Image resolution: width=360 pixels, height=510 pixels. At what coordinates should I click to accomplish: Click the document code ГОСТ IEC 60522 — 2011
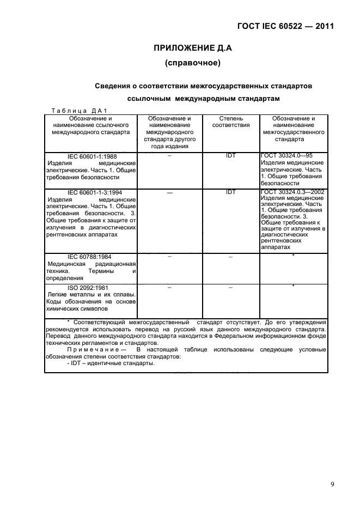coord(285,26)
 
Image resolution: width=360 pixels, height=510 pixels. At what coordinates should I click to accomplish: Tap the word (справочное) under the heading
coord(192,64)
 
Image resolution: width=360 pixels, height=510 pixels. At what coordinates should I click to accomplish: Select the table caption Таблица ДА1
coord(81,110)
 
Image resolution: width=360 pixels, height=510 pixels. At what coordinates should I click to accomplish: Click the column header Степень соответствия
coord(230,121)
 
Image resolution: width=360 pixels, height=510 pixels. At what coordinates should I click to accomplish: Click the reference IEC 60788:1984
coord(91,256)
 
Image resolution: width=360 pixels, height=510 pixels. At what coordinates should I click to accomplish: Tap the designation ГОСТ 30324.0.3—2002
coord(292,192)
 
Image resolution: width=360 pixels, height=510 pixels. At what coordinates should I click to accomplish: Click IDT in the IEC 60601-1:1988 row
coord(230,155)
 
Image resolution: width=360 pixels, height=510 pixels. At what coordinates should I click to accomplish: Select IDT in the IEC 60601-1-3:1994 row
coord(230,192)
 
